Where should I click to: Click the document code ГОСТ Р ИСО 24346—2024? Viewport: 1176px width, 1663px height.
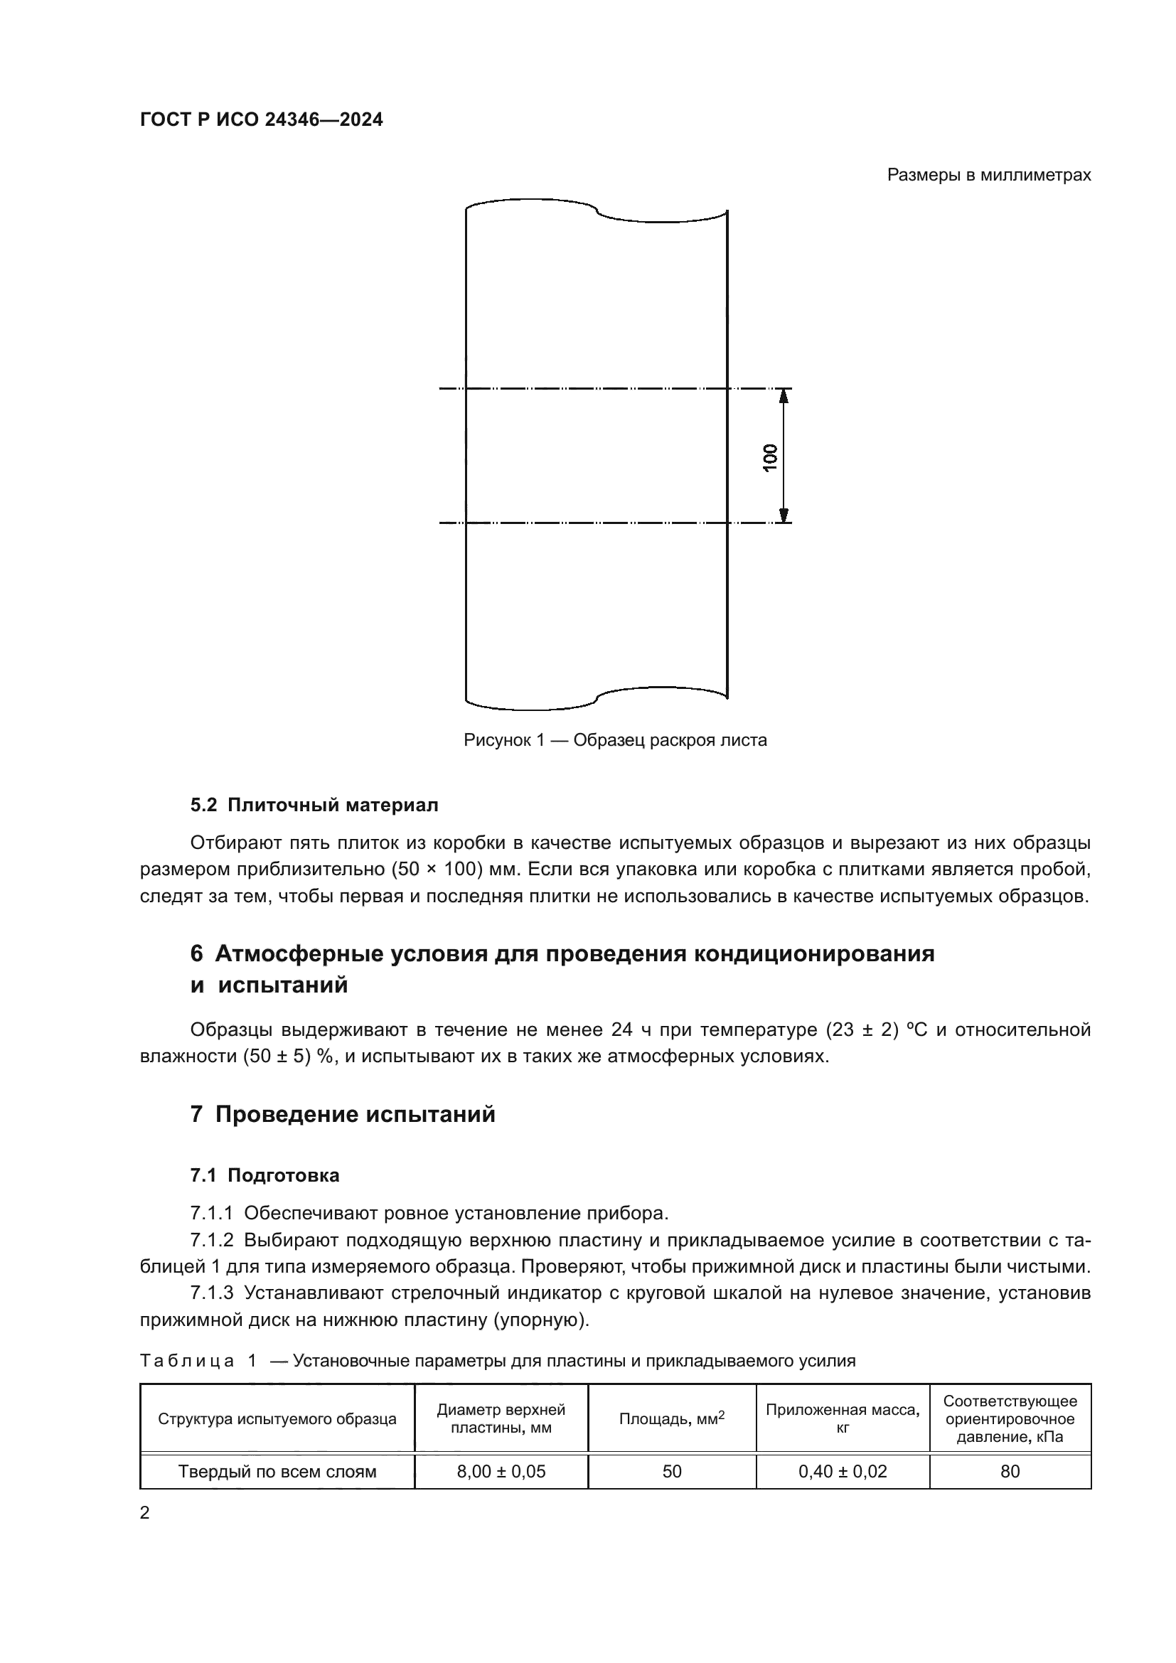point(262,119)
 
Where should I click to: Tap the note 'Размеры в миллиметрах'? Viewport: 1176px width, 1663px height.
point(988,176)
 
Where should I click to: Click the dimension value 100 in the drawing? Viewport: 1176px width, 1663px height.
point(770,457)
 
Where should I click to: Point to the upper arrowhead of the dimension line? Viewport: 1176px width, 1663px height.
point(783,395)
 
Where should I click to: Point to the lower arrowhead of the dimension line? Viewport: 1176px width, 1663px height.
point(783,515)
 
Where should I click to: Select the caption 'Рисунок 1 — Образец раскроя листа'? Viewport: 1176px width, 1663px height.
point(615,740)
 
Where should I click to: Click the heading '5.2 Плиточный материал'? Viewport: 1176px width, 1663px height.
point(314,805)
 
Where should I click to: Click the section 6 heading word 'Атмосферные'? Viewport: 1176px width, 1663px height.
point(300,953)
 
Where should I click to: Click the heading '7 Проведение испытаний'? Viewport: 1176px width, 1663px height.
point(343,1114)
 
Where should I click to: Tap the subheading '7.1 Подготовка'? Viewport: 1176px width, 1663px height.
point(264,1175)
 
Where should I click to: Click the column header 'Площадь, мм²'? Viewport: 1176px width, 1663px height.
point(671,1419)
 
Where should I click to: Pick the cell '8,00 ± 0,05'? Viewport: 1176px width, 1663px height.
point(501,1471)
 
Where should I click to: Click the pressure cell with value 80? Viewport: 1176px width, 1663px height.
point(1010,1471)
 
